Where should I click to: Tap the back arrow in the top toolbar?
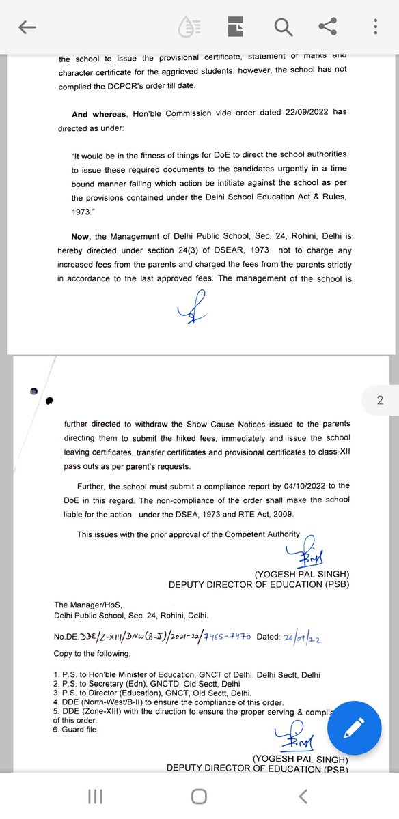(27, 27)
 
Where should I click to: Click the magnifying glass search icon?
(282, 27)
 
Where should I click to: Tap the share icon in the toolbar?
(328, 27)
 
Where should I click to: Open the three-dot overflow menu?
(375, 27)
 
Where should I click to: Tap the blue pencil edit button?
(353, 728)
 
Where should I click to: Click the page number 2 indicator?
(380, 401)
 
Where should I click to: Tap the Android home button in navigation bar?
(199, 796)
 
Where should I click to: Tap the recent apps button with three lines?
(96, 796)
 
